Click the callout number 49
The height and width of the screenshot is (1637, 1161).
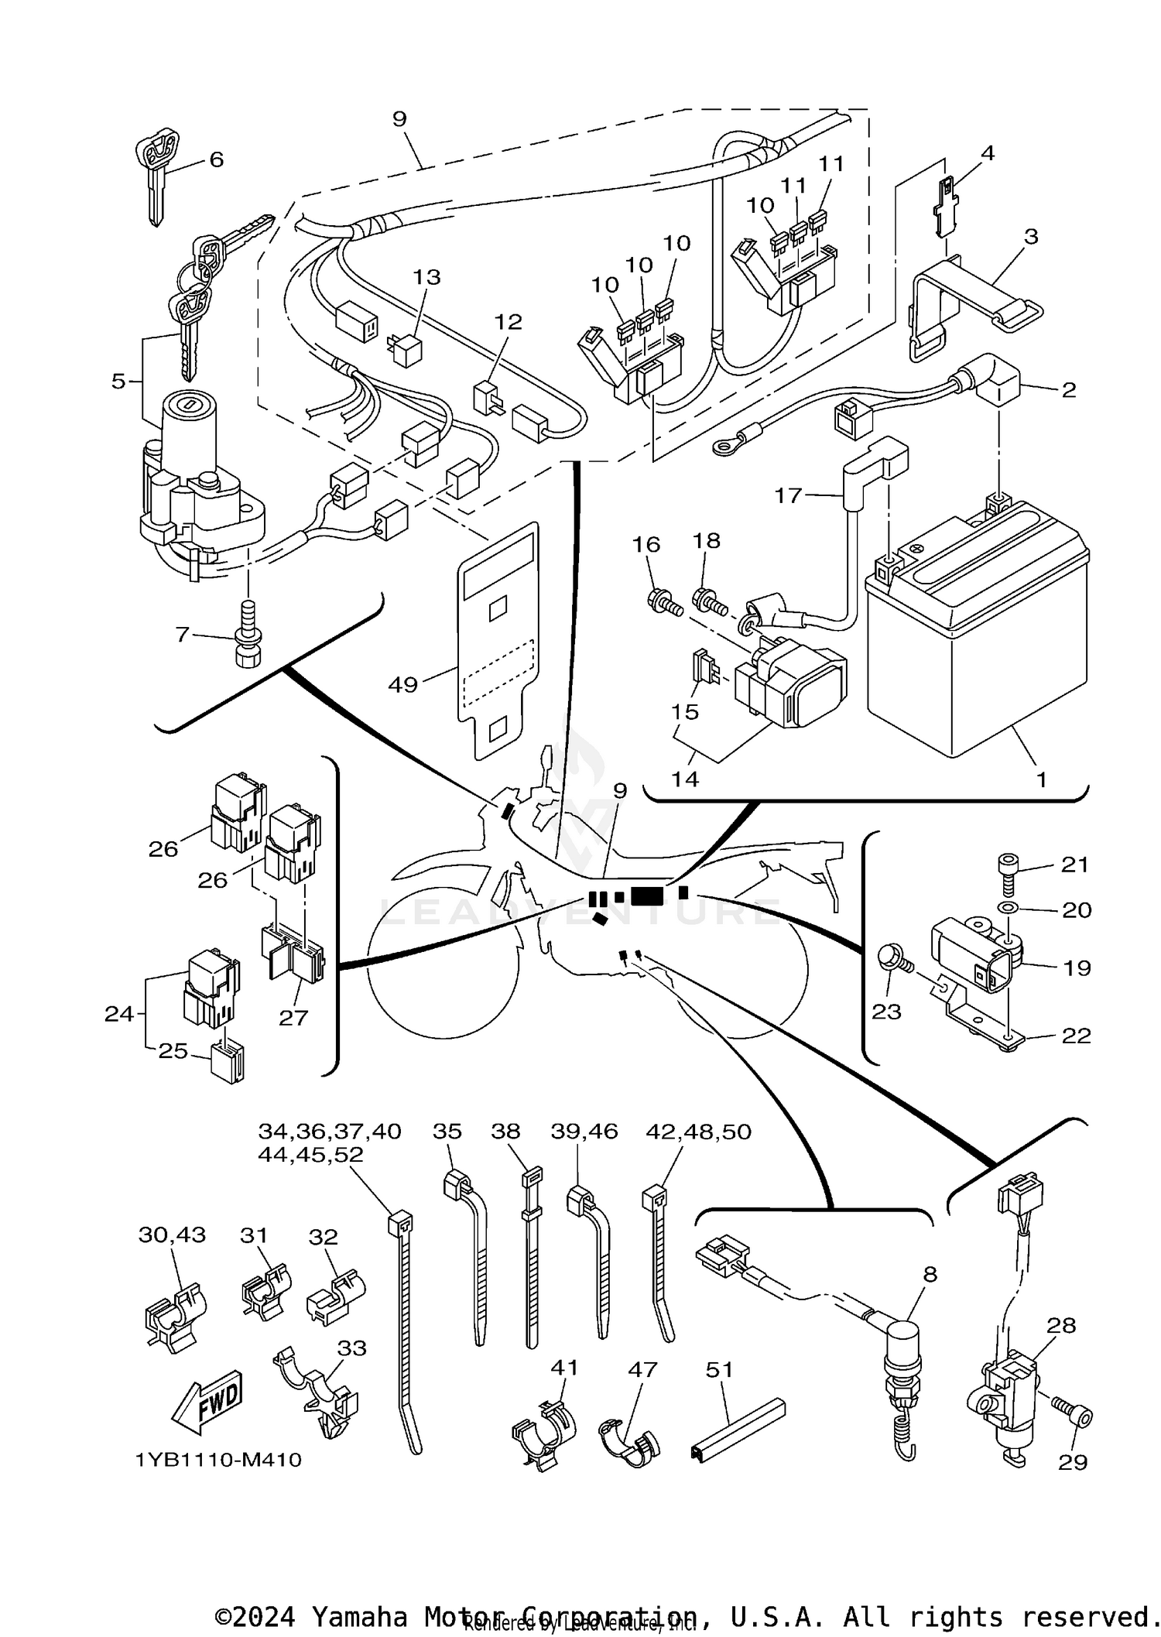click(402, 684)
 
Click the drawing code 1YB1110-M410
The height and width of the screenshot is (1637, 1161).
click(218, 1460)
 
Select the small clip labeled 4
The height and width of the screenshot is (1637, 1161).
click(946, 206)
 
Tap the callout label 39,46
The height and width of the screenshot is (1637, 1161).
click(584, 1132)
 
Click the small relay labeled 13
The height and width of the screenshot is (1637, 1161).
click(406, 350)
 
